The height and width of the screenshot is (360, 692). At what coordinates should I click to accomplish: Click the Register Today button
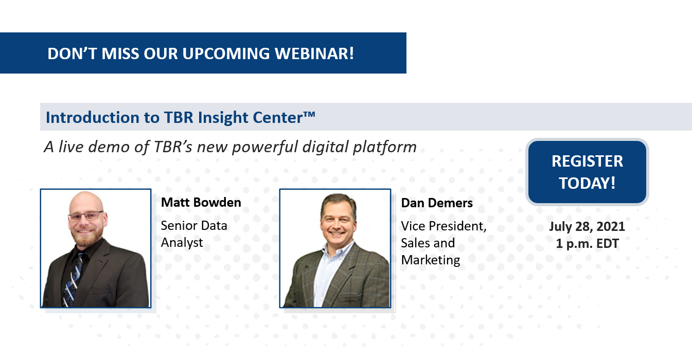[x=587, y=172]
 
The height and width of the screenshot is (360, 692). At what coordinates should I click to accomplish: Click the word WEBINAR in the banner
[x=314, y=53]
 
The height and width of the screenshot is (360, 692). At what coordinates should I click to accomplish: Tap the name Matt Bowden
[x=201, y=203]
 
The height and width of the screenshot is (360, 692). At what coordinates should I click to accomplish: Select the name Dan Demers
[x=437, y=203]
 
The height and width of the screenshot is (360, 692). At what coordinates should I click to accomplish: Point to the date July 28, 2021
[x=587, y=226]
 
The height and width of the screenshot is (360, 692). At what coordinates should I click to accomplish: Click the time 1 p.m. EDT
[x=587, y=243]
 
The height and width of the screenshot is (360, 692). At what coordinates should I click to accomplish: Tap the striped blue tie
[x=73, y=279]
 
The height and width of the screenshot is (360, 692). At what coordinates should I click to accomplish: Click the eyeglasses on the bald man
[x=86, y=215]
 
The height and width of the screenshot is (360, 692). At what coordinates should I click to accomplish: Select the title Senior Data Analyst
[x=194, y=234]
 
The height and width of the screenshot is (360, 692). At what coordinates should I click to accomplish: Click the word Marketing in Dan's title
[x=430, y=260]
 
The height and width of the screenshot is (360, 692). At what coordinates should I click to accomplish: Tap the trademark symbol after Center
[x=309, y=114]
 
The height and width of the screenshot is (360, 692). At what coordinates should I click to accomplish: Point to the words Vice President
[x=443, y=226]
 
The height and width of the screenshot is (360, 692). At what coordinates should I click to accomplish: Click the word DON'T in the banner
[x=73, y=53]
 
